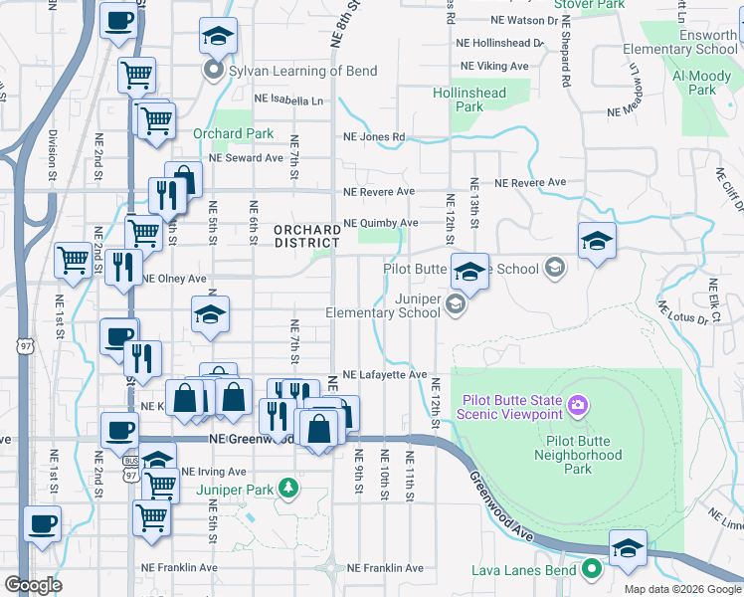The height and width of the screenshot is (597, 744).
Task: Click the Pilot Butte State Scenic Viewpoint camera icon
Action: click(x=579, y=406)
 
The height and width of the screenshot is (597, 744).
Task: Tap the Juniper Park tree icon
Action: click(x=288, y=488)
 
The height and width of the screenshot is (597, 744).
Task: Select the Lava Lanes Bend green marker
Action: click(x=593, y=570)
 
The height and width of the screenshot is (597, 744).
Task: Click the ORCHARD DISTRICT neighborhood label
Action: click(x=307, y=236)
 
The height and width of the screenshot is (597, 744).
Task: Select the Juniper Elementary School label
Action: click(x=383, y=304)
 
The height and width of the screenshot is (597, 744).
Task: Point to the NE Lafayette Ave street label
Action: click(x=384, y=374)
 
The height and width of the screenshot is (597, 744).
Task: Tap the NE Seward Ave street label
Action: click(x=247, y=157)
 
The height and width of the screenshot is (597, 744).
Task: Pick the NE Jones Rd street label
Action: click(x=374, y=137)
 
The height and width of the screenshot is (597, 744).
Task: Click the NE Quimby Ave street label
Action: click(x=380, y=223)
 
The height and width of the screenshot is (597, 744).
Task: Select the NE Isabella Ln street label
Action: click(x=288, y=100)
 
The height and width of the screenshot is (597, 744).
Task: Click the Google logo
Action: click(x=34, y=585)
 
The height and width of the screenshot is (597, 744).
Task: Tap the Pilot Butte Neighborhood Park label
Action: click(x=584, y=463)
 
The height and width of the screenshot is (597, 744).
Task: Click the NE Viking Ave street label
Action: click(x=491, y=66)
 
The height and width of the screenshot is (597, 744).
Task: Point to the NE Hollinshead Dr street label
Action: click(x=500, y=43)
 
